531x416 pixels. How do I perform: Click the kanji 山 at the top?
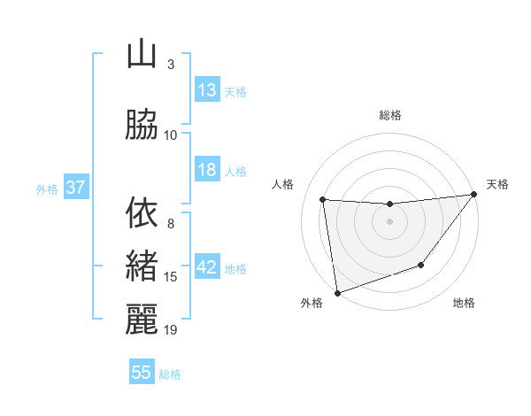(142, 55)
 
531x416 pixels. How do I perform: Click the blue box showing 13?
(207, 90)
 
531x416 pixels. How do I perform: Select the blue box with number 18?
(207, 170)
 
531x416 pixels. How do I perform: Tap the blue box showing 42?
(207, 267)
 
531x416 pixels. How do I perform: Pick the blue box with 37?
(75, 188)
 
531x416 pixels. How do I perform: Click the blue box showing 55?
(142, 373)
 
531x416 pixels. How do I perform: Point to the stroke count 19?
(171, 330)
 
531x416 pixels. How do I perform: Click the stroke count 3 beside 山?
(171, 64)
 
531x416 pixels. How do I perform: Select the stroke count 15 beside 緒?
(171, 277)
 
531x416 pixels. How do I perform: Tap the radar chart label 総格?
(389, 115)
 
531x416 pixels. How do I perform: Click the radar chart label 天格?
(496, 184)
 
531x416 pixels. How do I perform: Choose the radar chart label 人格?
(283, 184)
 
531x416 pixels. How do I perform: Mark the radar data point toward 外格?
(337, 291)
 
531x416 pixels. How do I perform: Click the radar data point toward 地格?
(421, 265)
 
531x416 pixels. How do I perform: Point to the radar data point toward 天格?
(474, 194)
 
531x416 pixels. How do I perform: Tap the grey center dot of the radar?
(389, 221)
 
